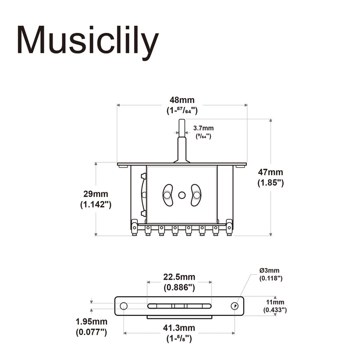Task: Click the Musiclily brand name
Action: click(x=86, y=41)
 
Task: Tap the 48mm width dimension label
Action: click(x=182, y=100)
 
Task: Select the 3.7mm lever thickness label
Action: click(x=203, y=128)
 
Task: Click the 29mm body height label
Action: click(x=96, y=194)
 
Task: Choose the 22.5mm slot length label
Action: click(x=179, y=277)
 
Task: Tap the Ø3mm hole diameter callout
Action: click(x=269, y=271)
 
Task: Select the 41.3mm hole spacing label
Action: click(x=179, y=328)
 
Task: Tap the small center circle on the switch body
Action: click(x=182, y=195)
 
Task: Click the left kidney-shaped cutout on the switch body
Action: click(x=168, y=195)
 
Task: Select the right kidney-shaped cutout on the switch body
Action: click(x=196, y=195)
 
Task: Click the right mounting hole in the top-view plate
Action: click(x=235, y=305)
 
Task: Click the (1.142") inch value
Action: click(x=96, y=204)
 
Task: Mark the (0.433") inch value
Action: click(x=275, y=310)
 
